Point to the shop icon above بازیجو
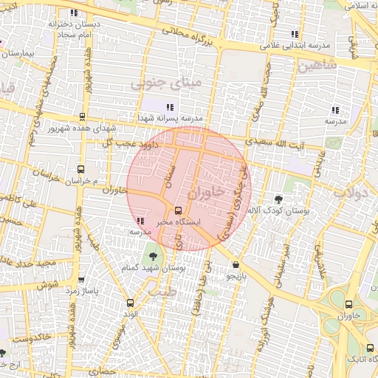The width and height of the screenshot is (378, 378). coord(235,265)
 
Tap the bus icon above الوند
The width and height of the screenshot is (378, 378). coord(131,303)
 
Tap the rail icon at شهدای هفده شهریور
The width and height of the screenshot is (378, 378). coord(82,116)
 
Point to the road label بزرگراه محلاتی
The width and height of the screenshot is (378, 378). coord(191,35)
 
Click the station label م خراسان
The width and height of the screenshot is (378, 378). coord(76,180)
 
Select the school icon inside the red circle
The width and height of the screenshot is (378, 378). coord(140,221)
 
